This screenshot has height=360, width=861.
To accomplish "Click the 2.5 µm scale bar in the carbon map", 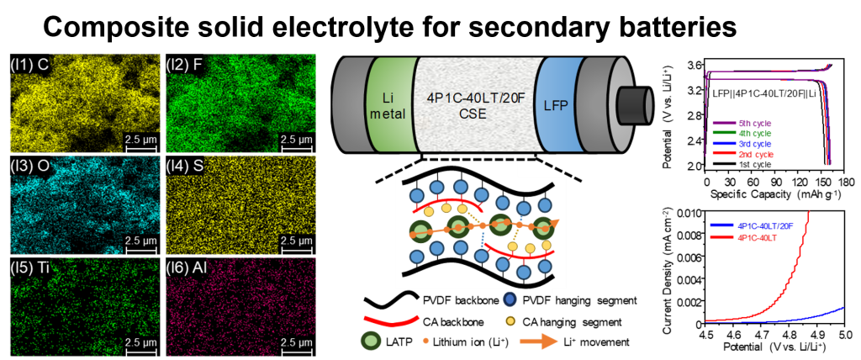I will [140, 146].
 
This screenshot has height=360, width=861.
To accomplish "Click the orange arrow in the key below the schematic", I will [539, 341].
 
